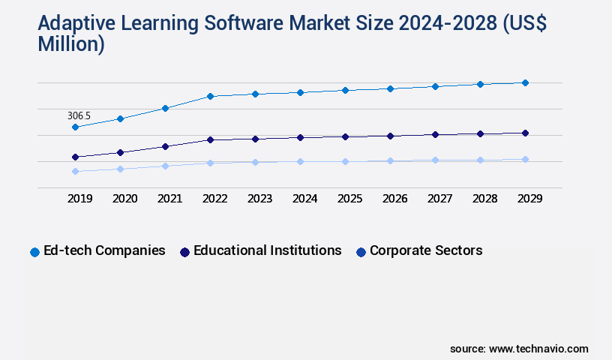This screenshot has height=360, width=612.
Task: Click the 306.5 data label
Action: pyautogui.click(x=79, y=115)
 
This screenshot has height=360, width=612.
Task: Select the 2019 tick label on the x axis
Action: pyautogui.click(x=80, y=199)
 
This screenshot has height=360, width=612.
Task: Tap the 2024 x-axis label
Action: pyautogui.click(x=305, y=199)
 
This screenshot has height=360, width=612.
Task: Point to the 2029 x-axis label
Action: pyautogui.click(x=530, y=199)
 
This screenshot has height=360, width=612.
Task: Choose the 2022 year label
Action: pyautogui.click(x=215, y=199)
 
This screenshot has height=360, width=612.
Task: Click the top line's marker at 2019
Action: pyautogui.click(x=75, y=127)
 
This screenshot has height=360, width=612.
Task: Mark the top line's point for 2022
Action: pyautogui.click(x=210, y=96)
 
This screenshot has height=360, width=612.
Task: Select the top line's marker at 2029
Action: pyautogui.click(x=525, y=82)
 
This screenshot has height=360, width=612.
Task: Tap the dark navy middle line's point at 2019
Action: pyautogui.click(x=75, y=157)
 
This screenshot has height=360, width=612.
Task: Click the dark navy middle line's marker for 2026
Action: pyautogui.click(x=390, y=136)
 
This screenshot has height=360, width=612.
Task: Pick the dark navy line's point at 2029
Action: pyautogui.click(x=525, y=133)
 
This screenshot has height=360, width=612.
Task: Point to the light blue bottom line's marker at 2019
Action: pyautogui.click(x=75, y=171)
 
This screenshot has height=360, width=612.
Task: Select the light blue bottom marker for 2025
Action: pyautogui.click(x=345, y=161)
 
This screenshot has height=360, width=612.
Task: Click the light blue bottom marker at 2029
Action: pyautogui.click(x=525, y=159)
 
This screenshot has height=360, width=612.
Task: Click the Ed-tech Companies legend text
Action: pyautogui.click(x=104, y=250)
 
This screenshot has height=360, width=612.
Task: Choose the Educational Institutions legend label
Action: pyautogui.click(x=267, y=250)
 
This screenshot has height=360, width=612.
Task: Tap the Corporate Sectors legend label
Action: pyautogui.click(x=426, y=250)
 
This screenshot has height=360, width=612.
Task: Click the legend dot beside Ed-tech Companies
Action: pyautogui.click(x=34, y=252)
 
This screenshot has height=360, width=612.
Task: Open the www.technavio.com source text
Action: pyautogui.click(x=538, y=349)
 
